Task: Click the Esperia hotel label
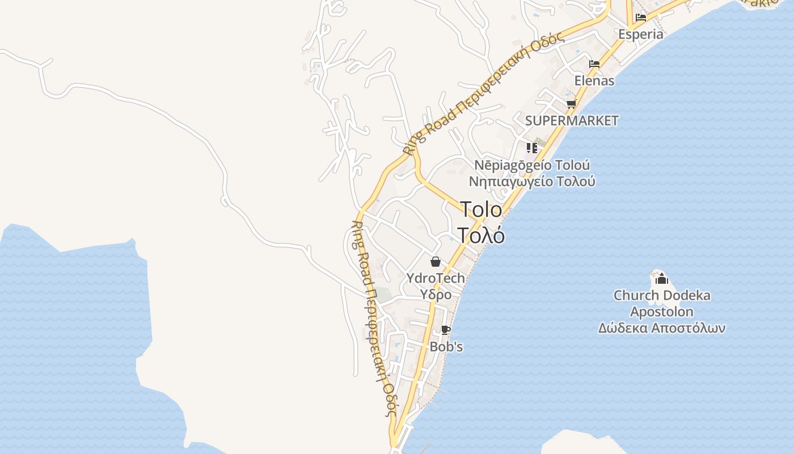pyautogui.click(x=640, y=34)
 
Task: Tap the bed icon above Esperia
pyautogui.click(x=641, y=18)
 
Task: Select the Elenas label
pyautogui.click(x=594, y=81)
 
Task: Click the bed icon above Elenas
pyautogui.click(x=594, y=64)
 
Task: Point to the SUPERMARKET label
pyautogui.click(x=572, y=120)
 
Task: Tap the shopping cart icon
pyautogui.click(x=571, y=104)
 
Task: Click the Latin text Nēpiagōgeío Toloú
pyautogui.click(x=532, y=165)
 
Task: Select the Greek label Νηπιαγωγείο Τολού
pyautogui.click(x=532, y=182)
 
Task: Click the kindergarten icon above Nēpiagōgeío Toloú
pyautogui.click(x=531, y=148)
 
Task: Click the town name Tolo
pyautogui.click(x=481, y=209)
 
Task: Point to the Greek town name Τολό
pyautogui.click(x=481, y=234)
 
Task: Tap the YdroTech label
pyautogui.click(x=436, y=278)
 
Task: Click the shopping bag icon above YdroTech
pyautogui.click(x=436, y=262)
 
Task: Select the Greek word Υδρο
pyautogui.click(x=436, y=295)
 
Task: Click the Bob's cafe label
pyautogui.click(x=446, y=346)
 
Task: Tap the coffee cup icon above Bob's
pyautogui.click(x=446, y=330)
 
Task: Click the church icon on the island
pyautogui.click(x=661, y=279)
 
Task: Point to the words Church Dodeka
pyautogui.click(x=661, y=295)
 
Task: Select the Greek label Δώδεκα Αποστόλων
pyautogui.click(x=661, y=328)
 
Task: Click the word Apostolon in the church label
pyautogui.click(x=661, y=312)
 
